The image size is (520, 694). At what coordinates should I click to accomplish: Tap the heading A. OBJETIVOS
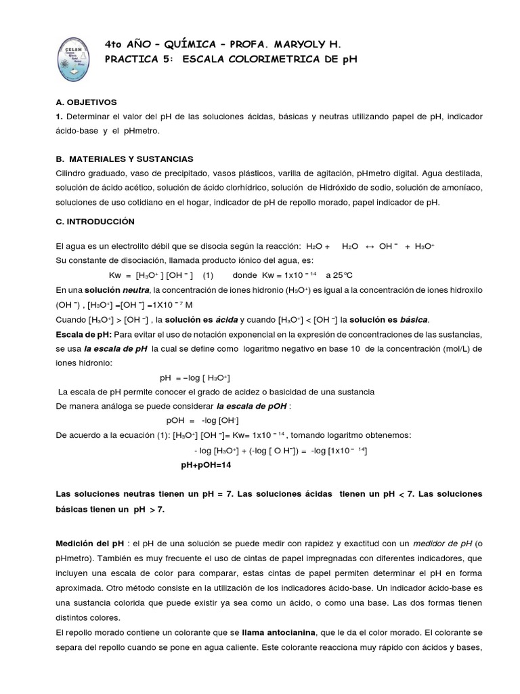tap(86, 102)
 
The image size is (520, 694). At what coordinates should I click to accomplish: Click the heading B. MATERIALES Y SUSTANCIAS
tap(125, 158)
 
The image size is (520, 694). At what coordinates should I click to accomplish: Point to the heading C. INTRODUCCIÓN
tap(95, 221)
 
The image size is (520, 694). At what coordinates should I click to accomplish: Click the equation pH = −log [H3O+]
tap(199, 378)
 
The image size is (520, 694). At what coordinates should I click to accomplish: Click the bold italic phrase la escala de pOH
tap(252, 407)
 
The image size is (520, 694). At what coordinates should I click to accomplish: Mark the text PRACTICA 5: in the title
tap(137, 59)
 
